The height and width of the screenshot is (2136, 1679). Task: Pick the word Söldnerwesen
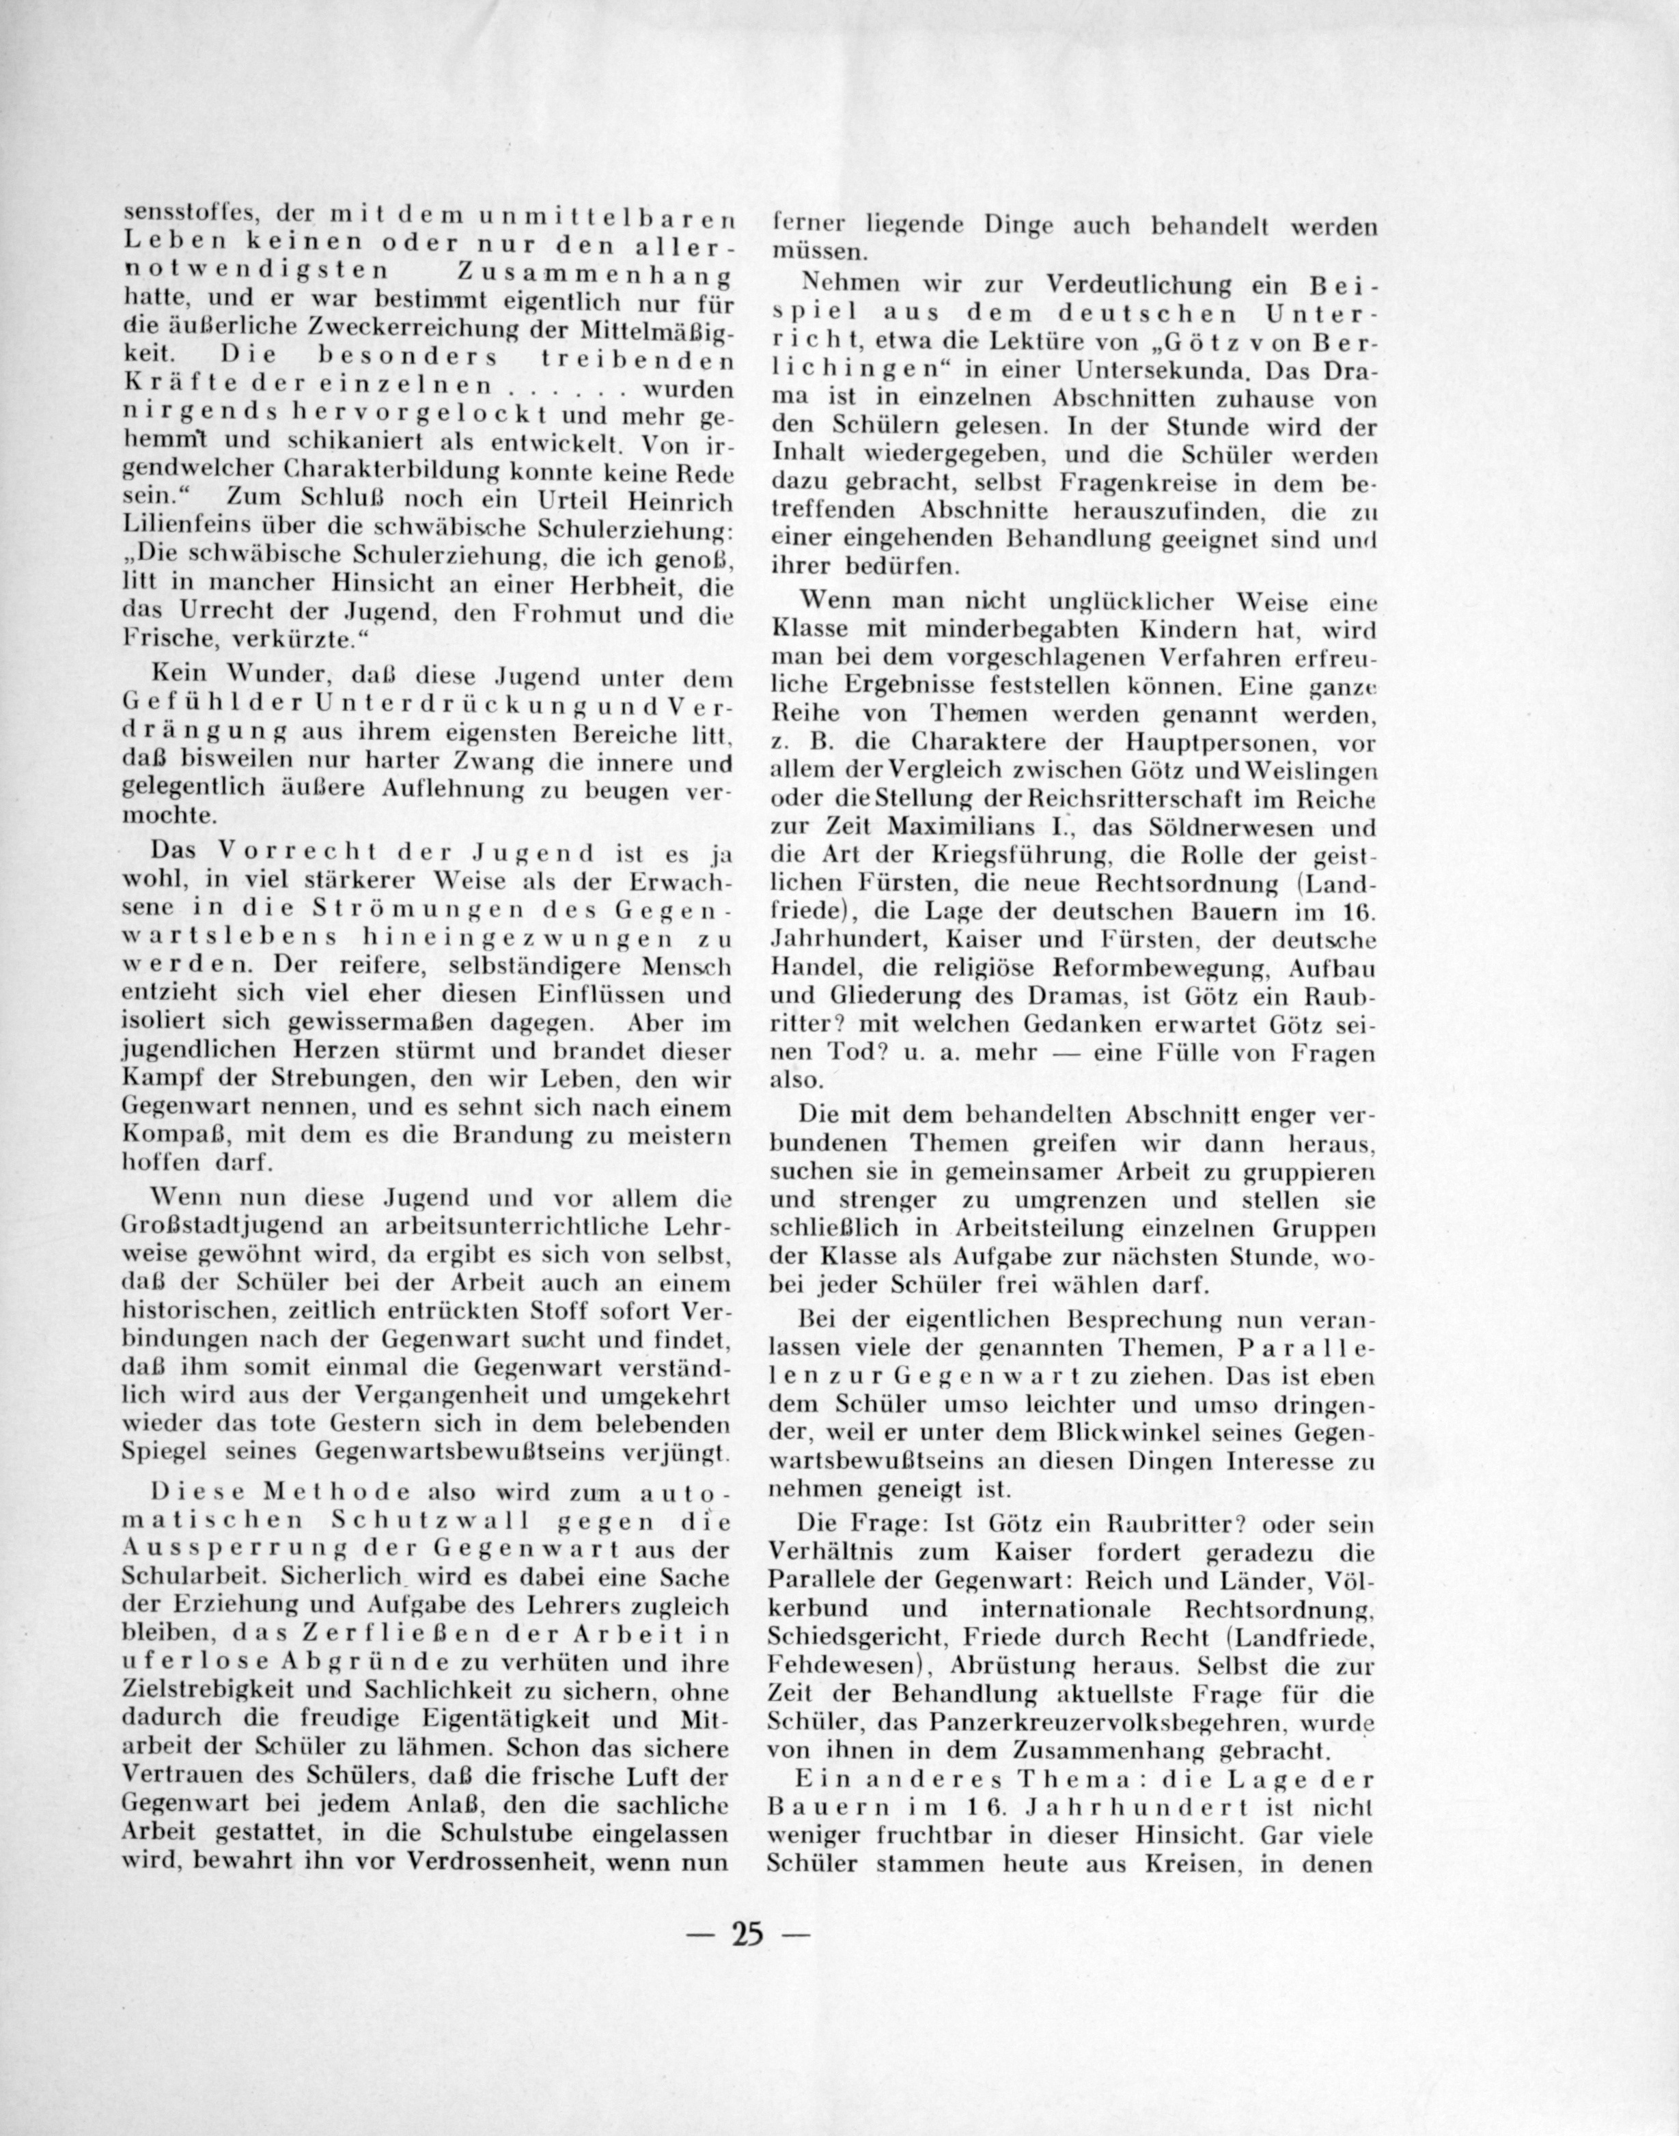coord(1226,830)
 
